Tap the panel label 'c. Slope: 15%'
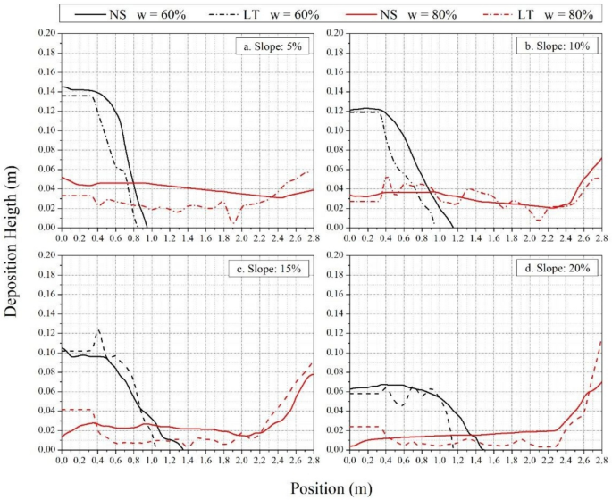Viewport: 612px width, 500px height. pyautogui.click(x=271, y=268)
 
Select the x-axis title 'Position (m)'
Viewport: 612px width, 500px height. pyautogui.click(x=331, y=487)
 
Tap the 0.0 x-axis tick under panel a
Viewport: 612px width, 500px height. pyautogui.click(x=61, y=239)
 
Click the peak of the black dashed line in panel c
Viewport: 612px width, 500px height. pyautogui.click(x=97, y=330)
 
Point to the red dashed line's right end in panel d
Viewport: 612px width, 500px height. pyautogui.click(x=602, y=340)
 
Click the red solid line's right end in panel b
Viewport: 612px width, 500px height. pyautogui.click(x=602, y=158)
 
